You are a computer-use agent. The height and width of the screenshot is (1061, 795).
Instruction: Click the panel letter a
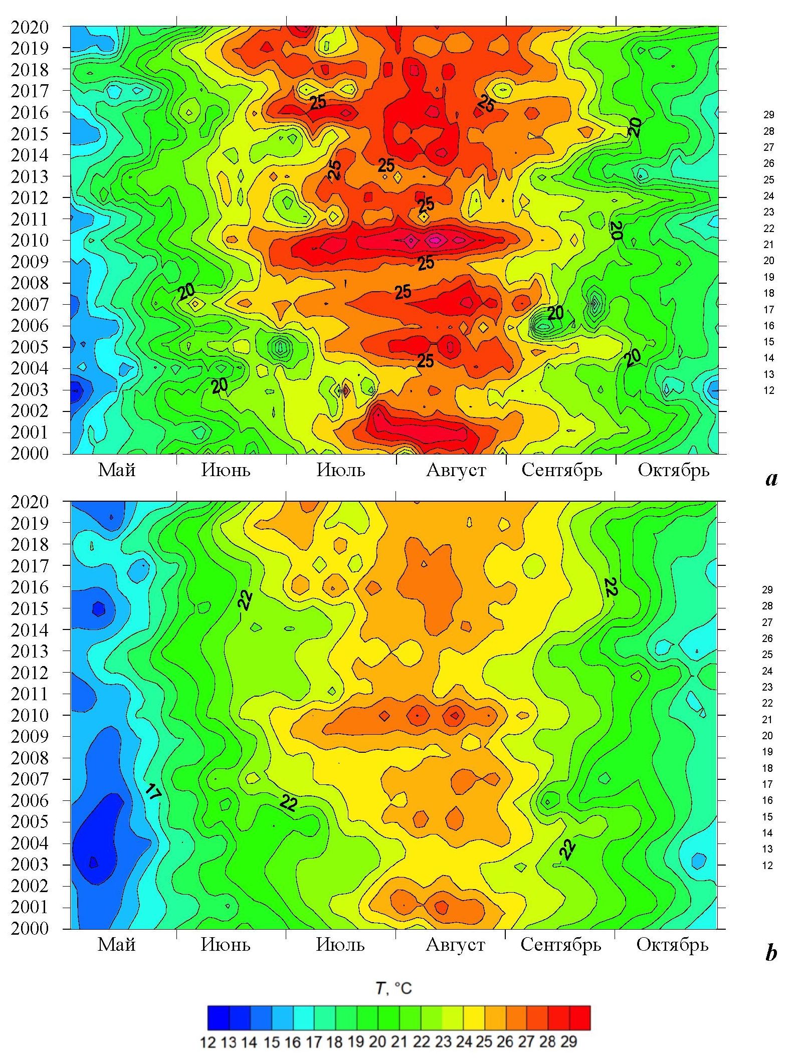(771, 479)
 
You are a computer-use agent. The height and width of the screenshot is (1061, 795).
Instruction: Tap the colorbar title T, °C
(393, 988)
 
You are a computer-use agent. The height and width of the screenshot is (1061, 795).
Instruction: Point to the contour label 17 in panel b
(153, 792)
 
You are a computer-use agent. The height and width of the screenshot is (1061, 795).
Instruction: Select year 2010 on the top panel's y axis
(30, 240)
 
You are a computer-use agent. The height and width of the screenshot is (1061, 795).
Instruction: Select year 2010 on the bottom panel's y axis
(30, 715)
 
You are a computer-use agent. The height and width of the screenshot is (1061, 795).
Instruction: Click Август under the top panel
(456, 470)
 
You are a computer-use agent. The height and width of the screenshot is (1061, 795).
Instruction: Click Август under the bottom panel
(455, 945)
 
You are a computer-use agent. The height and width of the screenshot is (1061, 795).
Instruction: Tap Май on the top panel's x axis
(117, 470)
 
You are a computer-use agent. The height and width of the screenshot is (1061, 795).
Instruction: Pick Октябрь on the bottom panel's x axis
(672, 945)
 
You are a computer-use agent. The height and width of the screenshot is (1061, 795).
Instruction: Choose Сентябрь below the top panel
(561, 470)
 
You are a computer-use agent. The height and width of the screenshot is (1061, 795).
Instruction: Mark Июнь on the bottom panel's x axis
(226, 945)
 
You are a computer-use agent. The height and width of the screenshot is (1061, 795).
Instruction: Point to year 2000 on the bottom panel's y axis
(30, 928)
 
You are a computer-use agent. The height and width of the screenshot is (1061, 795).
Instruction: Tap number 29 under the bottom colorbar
(568, 1042)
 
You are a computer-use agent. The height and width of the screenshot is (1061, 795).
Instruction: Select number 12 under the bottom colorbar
(208, 1042)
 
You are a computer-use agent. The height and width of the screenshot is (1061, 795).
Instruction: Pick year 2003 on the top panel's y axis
(30, 389)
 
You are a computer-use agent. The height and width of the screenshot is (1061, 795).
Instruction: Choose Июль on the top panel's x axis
(341, 470)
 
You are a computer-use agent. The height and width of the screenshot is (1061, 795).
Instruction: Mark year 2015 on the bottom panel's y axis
(30, 608)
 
